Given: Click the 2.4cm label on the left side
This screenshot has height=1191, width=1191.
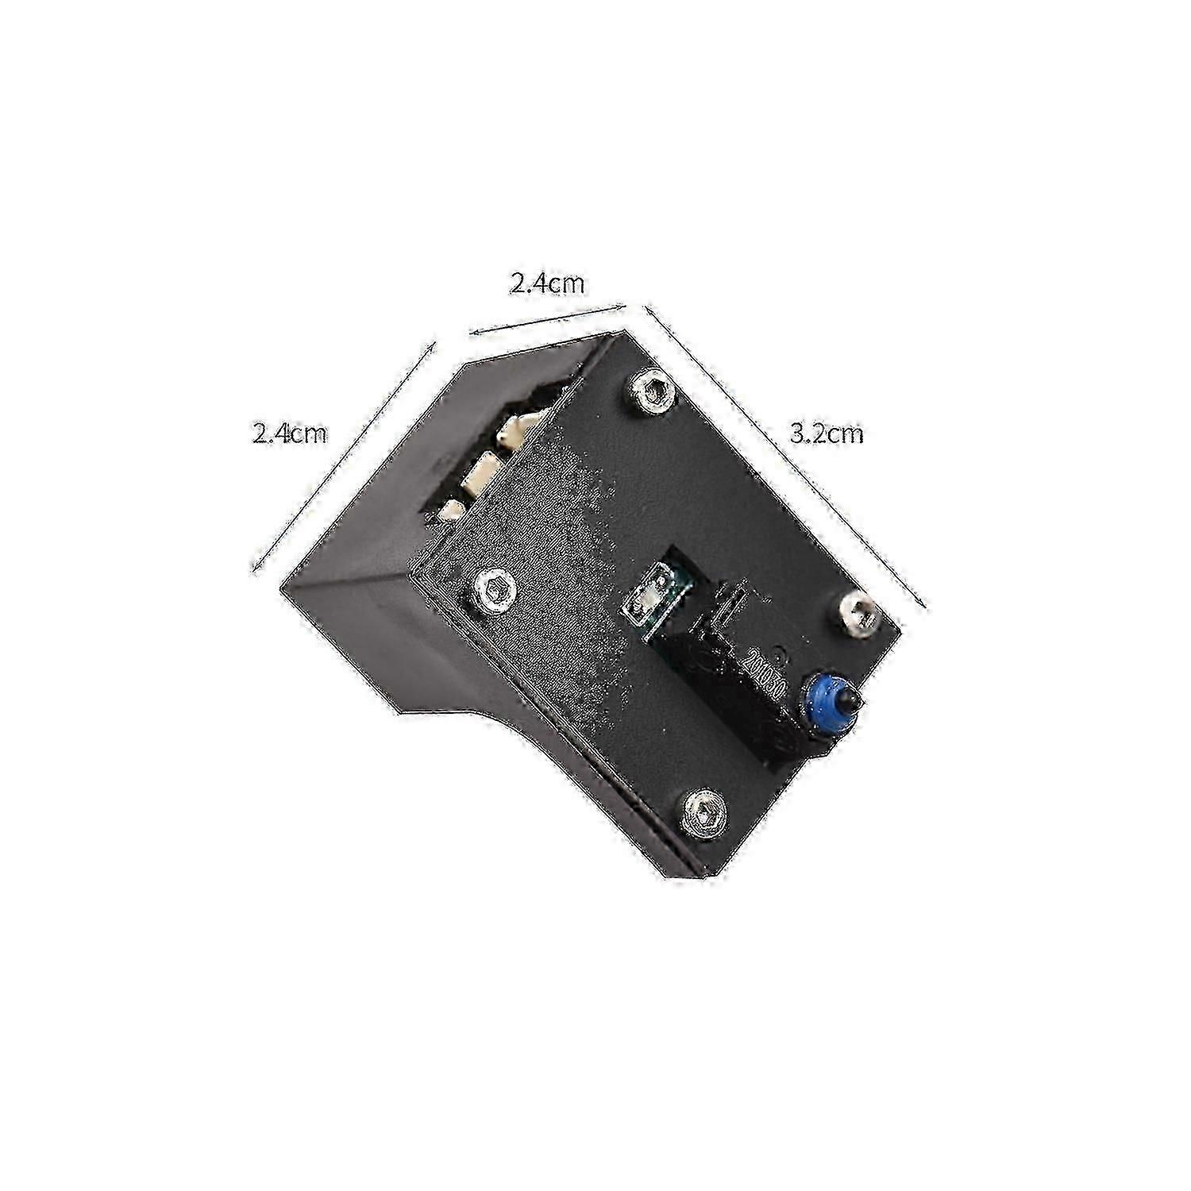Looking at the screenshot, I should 289,434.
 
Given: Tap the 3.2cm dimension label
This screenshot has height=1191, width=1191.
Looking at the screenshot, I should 826,434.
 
